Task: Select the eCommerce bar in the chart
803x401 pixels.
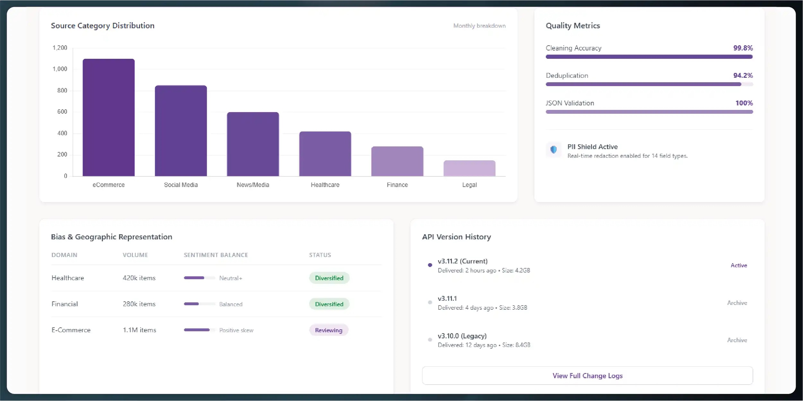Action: pyautogui.click(x=109, y=117)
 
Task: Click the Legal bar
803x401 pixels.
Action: pyautogui.click(x=469, y=168)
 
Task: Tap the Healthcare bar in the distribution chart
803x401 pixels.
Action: pyautogui.click(x=325, y=154)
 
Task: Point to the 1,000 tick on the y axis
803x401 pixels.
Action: pyautogui.click(x=60, y=69)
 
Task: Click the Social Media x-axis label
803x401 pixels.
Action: pyautogui.click(x=181, y=185)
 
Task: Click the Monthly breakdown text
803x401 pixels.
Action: pyautogui.click(x=479, y=26)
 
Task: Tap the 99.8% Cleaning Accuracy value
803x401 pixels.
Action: pyautogui.click(x=743, y=48)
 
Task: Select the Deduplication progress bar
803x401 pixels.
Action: pyautogui.click(x=649, y=84)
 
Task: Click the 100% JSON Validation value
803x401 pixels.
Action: pyautogui.click(x=744, y=103)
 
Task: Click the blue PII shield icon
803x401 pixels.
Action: pyautogui.click(x=554, y=150)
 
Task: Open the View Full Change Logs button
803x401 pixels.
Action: pyautogui.click(x=587, y=376)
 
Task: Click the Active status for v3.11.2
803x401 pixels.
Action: pyautogui.click(x=738, y=265)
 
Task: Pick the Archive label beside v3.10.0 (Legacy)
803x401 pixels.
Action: pyautogui.click(x=737, y=340)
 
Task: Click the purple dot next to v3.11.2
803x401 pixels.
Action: pyautogui.click(x=430, y=265)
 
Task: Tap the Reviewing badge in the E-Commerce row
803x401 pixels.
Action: pyautogui.click(x=328, y=330)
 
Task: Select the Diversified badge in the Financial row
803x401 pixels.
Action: pyautogui.click(x=329, y=304)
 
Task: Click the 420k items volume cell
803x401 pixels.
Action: pyautogui.click(x=139, y=278)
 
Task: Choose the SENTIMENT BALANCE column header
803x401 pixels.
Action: pyautogui.click(x=216, y=255)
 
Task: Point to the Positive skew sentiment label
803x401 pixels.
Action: pyautogui.click(x=236, y=330)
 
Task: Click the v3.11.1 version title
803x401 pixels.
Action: pyautogui.click(x=447, y=299)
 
